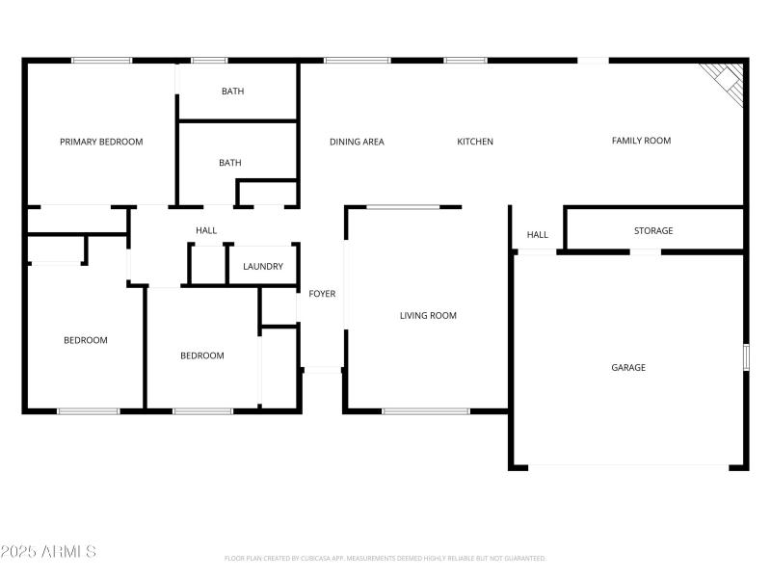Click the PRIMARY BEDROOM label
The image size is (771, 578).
(101, 142)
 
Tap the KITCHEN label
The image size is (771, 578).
(475, 142)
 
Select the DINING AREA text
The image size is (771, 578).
(357, 142)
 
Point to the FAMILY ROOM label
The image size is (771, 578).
(641, 141)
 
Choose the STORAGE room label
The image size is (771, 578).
(653, 231)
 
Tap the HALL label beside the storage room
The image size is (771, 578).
(537, 235)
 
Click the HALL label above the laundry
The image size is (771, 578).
(206, 231)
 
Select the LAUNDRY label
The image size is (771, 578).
(263, 267)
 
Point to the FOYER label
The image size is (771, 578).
(322, 294)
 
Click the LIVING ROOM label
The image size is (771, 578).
(428, 315)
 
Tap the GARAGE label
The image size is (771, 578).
(628, 367)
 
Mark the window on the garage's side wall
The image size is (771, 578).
(745, 356)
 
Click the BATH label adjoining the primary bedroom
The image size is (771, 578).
(232, 92)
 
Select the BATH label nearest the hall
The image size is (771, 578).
(229, 163)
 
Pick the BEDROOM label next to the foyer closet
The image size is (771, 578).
(202, 355)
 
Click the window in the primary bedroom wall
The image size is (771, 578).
(102, 61)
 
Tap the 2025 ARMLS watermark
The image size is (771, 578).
(48, 552)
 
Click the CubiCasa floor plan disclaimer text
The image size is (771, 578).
(385, 558)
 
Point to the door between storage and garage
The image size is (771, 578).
(646, 251)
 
